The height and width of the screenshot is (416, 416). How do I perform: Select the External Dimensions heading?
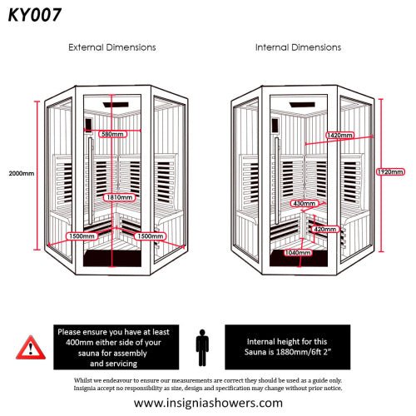[111, 47]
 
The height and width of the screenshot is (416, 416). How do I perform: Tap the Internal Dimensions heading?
[297, 47]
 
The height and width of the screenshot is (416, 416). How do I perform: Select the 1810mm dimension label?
[116, 198]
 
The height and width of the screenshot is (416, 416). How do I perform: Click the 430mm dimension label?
[304, 203]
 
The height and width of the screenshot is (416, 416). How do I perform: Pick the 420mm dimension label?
[324, 228]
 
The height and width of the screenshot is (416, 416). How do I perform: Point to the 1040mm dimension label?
[297, 252]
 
